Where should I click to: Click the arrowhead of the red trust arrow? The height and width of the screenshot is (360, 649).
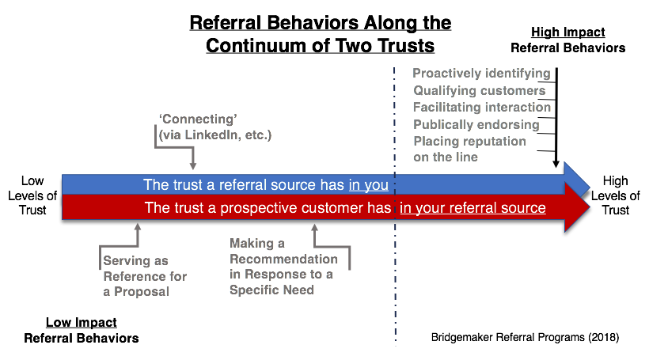(578, 208)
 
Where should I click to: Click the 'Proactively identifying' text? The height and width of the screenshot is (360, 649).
(481, 74)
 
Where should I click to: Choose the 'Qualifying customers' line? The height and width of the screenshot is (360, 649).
(480, 90)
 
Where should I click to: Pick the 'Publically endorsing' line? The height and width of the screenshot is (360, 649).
(476, 124)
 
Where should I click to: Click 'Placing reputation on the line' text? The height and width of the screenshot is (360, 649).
(469, 149)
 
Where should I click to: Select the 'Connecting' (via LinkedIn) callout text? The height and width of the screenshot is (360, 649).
(214, 128)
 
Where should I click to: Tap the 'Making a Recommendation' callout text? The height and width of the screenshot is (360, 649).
(283, 267)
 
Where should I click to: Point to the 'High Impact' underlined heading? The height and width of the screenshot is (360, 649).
(567, 32)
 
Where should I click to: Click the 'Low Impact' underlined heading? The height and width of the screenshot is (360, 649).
(81, 323)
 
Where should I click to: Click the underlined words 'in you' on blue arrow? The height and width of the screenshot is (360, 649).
(368, 185)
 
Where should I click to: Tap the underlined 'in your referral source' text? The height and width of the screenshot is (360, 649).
(473, 208)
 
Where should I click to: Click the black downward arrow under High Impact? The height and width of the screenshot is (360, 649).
(557, 119)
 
